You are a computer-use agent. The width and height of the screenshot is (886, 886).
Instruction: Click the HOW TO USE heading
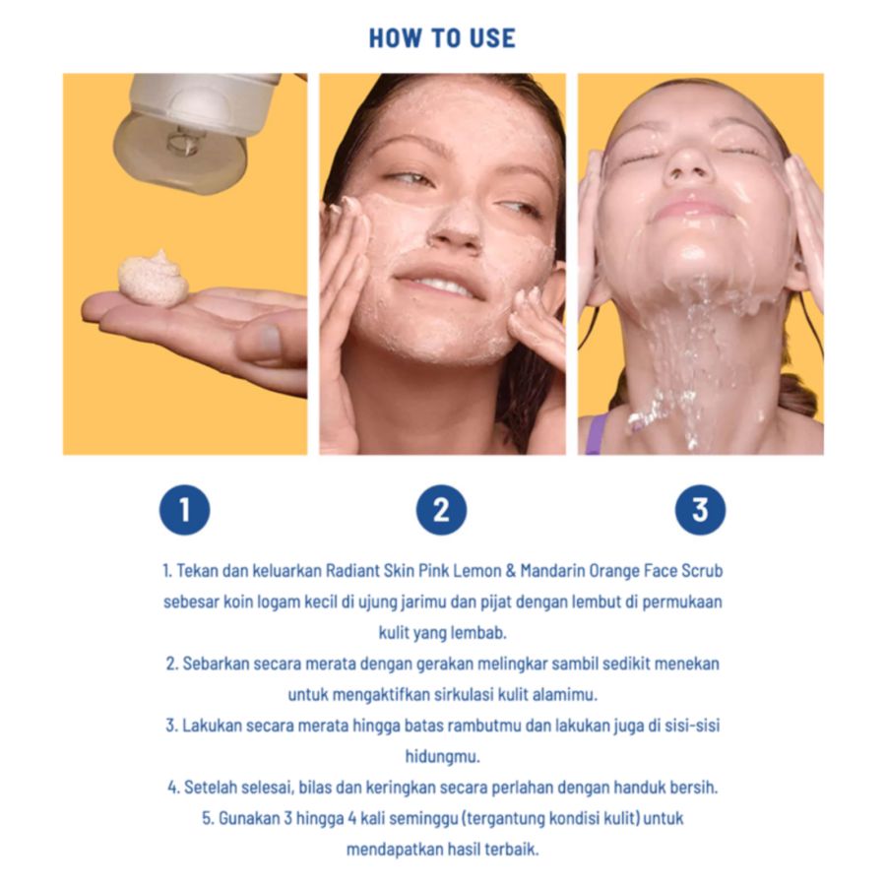(442, 38)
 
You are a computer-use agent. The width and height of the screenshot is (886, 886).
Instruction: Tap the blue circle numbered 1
(184, 510)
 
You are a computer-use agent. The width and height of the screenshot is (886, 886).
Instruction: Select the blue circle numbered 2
(441, 510)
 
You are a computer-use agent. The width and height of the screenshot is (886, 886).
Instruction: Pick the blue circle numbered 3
(699, 510)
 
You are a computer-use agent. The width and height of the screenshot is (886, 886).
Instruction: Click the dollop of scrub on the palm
(153, 278)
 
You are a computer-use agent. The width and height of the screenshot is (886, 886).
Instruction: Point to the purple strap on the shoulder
(596, 433)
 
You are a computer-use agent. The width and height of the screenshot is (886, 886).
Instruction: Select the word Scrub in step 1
(700, 571)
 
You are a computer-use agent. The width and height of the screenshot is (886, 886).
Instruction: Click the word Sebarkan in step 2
(214, 664)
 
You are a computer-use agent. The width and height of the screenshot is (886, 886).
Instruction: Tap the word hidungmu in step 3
(442, 756)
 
